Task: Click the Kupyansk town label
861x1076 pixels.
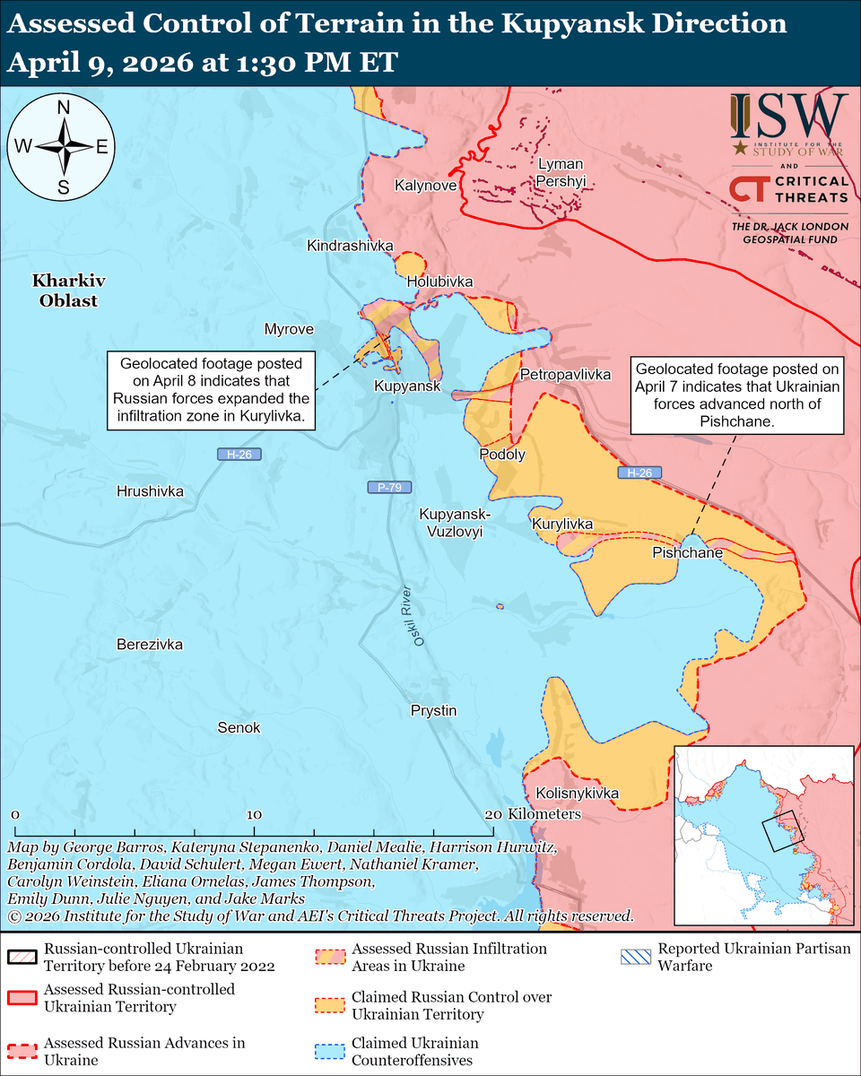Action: tap(407, 386)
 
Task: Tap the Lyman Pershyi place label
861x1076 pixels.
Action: tap(560, 172)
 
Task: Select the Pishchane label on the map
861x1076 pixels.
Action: tap(687, 553)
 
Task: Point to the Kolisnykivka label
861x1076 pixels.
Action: tap(577, 794)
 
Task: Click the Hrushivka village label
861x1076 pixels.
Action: tap(150, 491)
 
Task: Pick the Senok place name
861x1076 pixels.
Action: tap(239, 728)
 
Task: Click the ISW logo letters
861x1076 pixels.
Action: tap(789, 115)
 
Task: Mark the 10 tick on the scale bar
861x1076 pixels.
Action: tap(254, 814)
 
